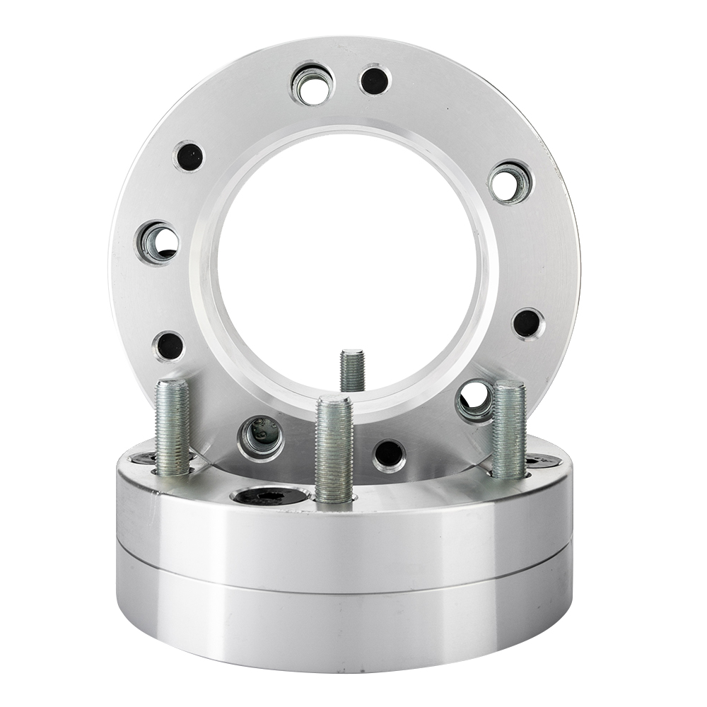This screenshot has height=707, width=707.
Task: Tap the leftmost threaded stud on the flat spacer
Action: pyautogui.click(x=173, y=427)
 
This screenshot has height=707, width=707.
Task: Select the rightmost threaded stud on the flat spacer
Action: pyautogui.click(x=508, y=429)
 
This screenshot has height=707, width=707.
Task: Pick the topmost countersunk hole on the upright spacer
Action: pyautogui.click(x=312, y=85)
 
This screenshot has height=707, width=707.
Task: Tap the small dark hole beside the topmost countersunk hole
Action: pyautogui.click(x=375, y=80)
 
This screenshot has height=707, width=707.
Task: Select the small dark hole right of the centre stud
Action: pyautogui.click(x=389, y=455)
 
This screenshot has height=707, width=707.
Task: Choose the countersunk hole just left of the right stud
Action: pyautogui.click(x=474, y=400)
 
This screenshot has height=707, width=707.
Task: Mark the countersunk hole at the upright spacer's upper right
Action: pyautogui.click(x=510, y=182)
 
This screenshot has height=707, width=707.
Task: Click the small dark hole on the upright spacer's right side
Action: pyautogui.click(x=527, y=323)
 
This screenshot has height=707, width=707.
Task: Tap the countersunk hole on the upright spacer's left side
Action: pyautogui.click(x=158, y=242)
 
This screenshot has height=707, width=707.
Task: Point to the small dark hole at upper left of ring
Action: pyautogui.click(x=189, y=156)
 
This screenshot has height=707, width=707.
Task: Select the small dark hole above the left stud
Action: pyautogui.click(x=169, y=346)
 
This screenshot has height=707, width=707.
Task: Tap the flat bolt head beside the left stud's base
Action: pyautogui.click(x=145, y=460)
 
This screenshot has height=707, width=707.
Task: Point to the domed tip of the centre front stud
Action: pyautogui.click(x=334, y=401)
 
